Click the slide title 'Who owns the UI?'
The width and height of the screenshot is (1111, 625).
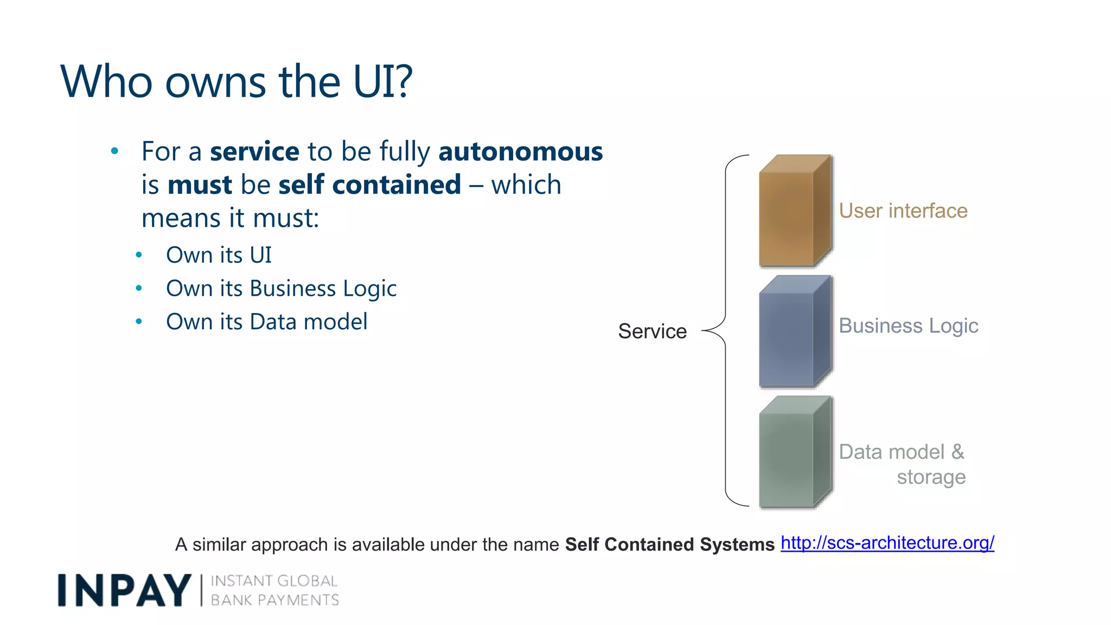pos(237,81)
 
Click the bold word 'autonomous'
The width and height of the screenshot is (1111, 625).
pos(520,151)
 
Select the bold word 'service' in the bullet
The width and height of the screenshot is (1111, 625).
pos(254,151)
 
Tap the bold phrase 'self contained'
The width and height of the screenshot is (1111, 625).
pos(369,184)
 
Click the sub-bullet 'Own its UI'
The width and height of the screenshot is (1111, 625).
pos(219,255)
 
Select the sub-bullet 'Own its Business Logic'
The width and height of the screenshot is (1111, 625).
pos(281,289)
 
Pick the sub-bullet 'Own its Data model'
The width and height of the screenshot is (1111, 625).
pos(266,322)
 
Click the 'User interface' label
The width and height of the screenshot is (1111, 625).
pos(903,211)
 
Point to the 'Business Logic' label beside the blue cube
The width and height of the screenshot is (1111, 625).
pos(908,326)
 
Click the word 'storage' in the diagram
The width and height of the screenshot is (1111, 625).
pos(931,477)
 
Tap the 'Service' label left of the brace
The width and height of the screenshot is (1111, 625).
pos(652,331)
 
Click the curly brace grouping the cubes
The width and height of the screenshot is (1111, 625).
pos(725,331)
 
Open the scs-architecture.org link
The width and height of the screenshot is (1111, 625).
pos(887,543)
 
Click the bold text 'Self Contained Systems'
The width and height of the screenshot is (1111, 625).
pos(669,544)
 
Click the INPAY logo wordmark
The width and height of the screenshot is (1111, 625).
pos(125,590)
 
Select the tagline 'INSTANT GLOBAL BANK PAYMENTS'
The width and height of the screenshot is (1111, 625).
pos(274,590)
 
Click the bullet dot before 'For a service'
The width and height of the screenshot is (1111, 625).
pos(114,151)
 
